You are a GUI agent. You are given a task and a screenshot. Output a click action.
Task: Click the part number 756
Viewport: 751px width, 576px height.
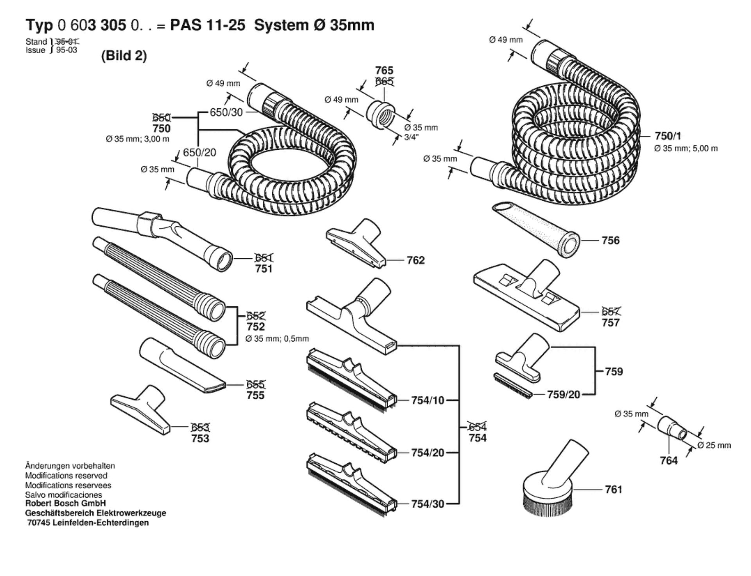(x=611, y=240)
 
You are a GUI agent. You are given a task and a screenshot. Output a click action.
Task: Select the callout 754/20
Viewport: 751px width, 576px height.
(x=428, y=453)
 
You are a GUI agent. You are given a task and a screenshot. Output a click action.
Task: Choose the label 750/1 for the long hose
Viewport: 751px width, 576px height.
(x=668, y=136)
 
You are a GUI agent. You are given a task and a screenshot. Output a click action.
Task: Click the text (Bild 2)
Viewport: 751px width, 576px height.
(x=124, y=56)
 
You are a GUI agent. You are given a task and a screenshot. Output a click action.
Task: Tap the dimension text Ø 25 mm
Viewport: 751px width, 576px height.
(x=714, y=445)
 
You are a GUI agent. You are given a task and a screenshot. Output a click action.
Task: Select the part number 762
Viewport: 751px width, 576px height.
(x=415, y=260)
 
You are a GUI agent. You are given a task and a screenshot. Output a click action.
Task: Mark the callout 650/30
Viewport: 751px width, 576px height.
(x=226, y=112)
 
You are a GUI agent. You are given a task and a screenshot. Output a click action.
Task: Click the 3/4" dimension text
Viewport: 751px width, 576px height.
(x=411, y=137)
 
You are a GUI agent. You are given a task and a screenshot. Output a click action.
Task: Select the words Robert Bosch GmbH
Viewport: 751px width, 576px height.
(x=65, y=503)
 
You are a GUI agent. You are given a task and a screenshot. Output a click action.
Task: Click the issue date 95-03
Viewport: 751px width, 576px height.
(x=66, y=50)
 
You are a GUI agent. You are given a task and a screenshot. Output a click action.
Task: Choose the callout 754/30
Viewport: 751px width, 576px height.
(x=428, y=504)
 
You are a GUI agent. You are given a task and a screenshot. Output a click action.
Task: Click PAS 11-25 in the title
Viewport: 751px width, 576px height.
(x=207, y=25)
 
